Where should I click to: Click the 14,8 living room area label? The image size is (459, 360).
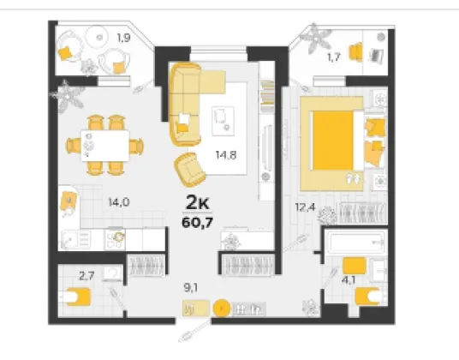tap(226, 155)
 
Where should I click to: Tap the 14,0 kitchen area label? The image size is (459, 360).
tap(119, 202)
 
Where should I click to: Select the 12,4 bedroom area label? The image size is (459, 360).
tap(305, 207)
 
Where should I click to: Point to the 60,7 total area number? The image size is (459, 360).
tap(197, 223)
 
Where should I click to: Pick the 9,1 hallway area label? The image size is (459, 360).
tap(191, 288)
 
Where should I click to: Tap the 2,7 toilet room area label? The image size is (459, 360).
tap(86, 276)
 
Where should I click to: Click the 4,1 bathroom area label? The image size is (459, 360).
tap(349, 280)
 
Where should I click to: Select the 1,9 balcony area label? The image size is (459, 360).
tap(123, 38)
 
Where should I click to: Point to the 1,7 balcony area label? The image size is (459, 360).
tap(334, 57)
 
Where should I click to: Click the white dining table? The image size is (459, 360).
tap(105, 146)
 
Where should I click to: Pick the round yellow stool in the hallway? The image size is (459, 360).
tap(222, 309)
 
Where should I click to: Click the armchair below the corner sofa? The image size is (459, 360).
tap(189, 170)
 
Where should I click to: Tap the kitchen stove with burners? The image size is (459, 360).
tap(115, 239)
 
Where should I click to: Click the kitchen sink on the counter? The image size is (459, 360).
tap(75, 240)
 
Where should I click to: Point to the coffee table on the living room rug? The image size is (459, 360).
tap(223, 121)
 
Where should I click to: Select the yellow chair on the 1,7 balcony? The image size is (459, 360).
tap(355, 52)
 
